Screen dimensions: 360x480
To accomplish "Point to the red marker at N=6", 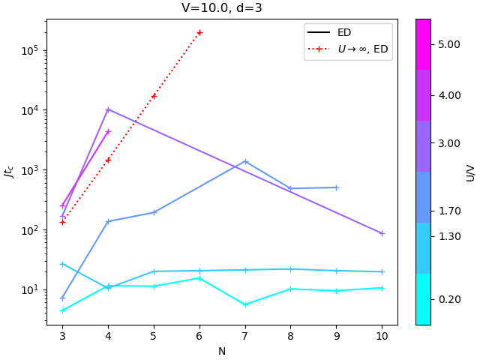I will click(x=199, y=32).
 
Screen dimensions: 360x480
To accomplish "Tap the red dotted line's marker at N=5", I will click(x=154, y=96).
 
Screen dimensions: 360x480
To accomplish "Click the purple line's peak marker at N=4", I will click(x=108, y=109).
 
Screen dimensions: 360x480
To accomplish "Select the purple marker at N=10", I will click(x=382, y=233).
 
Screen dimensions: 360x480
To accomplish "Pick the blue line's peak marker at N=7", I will click(x=245, y=161).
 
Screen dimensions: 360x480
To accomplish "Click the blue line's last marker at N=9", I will click(x=336, y=187).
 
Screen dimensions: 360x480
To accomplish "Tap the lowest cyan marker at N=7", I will click(x=245, y=304).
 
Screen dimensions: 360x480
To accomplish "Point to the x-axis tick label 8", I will click(x=291, y=336).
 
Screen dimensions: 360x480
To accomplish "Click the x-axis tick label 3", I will click(x=62, y=336).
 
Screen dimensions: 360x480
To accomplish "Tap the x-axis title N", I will click(x=222, y=351).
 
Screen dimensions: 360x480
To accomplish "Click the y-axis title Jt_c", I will click(x=10, y=172).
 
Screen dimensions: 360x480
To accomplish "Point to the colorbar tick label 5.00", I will click(x=449, y=44).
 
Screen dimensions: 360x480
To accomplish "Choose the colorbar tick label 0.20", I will click(x=449, y=299).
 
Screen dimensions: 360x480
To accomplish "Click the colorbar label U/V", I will click(x=471, y=172).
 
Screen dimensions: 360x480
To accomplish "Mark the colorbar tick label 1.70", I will click(x=449, y=211).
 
